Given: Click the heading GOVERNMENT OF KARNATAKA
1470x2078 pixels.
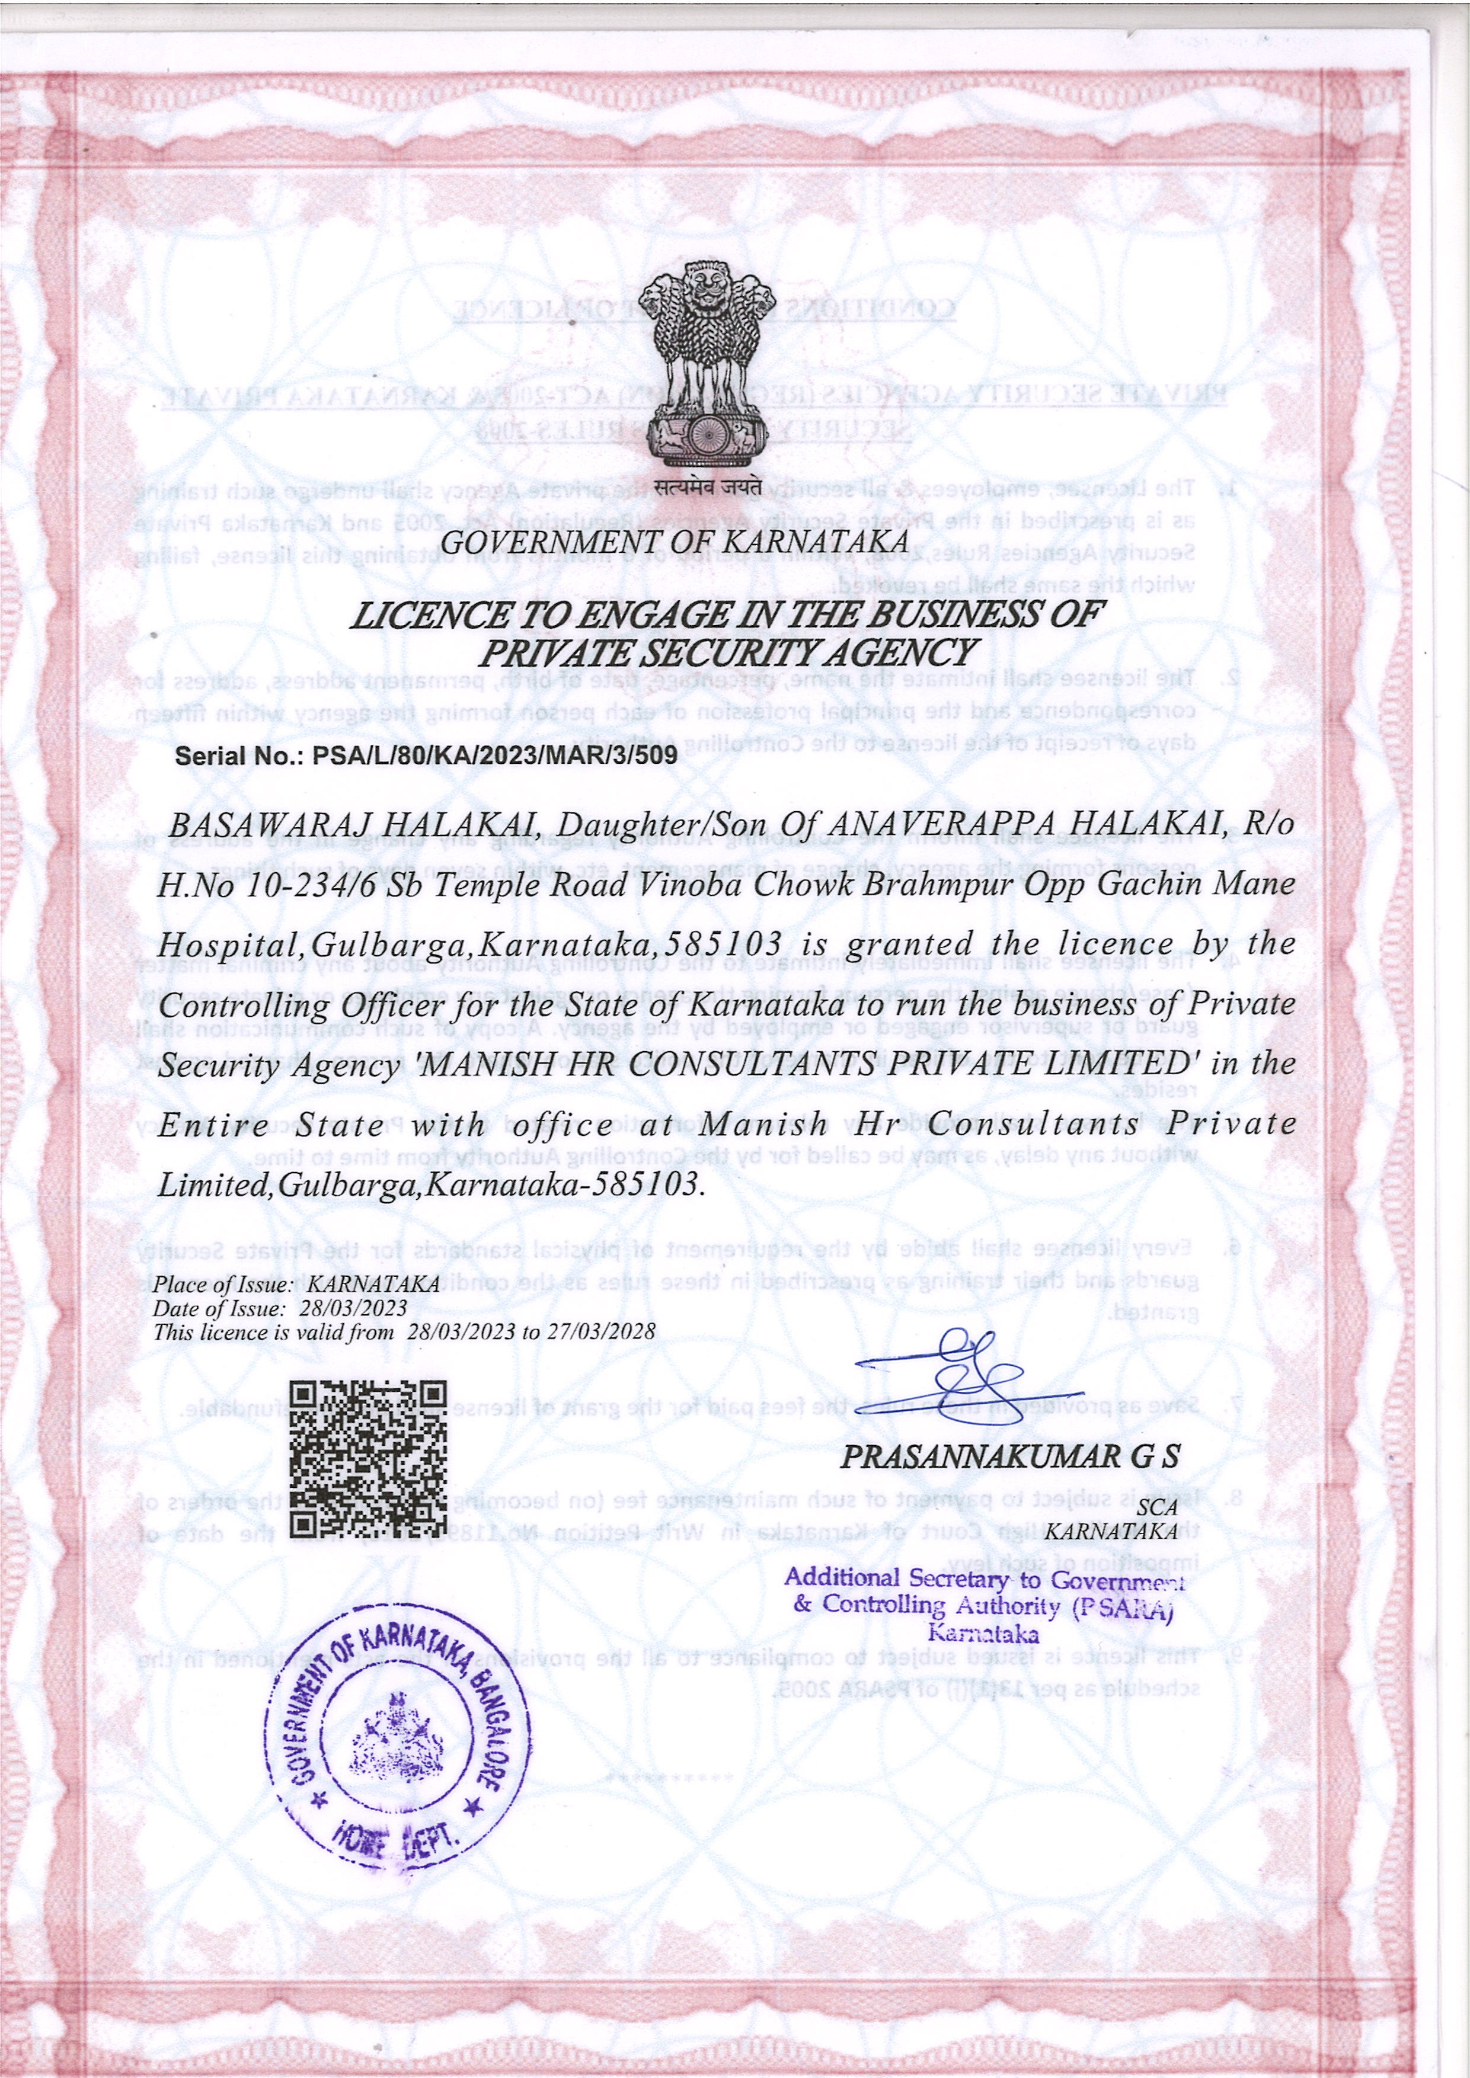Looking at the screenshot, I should click(673, 543).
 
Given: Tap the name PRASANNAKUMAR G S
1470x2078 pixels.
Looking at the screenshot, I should click(1010, 1457).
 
